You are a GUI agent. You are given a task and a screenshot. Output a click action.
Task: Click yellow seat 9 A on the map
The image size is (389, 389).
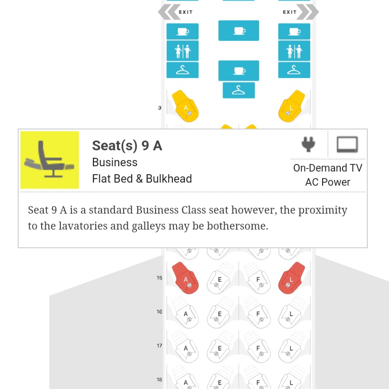(x=185, y=106)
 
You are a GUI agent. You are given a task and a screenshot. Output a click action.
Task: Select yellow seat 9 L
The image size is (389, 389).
(x=292, y=106)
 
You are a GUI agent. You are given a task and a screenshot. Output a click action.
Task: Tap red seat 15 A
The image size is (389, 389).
(x=185, y=278)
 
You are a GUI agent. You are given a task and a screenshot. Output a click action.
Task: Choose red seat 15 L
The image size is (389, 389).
(x=292, y=278)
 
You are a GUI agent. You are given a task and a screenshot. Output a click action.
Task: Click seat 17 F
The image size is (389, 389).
(x=257, y=347)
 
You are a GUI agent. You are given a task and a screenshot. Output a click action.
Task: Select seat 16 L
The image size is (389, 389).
(x=292, y=313)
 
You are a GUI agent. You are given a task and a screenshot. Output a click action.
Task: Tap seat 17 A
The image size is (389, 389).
(x=185, y=347)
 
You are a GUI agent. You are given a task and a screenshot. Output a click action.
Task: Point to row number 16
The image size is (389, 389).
(x=159, y=311)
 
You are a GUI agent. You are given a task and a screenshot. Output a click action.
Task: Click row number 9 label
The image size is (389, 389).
(x=159, y=108)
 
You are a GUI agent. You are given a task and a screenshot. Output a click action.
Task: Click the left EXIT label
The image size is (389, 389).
(x=186, y=12)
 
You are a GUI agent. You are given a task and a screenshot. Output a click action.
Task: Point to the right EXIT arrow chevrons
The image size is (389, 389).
(x=307, y=12)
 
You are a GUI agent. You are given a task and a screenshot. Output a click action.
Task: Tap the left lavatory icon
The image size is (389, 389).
(x=183, y=51)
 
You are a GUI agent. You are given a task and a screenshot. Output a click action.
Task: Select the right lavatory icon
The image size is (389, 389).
(x=294, y=51)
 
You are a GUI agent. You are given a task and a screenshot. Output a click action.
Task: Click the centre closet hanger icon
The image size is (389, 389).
(x=239, y=90)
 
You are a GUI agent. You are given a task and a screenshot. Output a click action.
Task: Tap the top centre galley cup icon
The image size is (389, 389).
(x=239, y=31)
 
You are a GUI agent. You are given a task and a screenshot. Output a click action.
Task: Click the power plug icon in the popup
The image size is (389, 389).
(x=308, y=144)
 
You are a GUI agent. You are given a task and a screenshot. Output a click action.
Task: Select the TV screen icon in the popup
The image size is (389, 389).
(x=347, y=144)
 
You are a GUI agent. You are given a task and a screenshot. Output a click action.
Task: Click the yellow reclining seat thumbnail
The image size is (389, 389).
(x=50, y=160)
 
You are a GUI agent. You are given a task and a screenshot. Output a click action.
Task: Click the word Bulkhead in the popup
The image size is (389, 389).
(x=169, y=179)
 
